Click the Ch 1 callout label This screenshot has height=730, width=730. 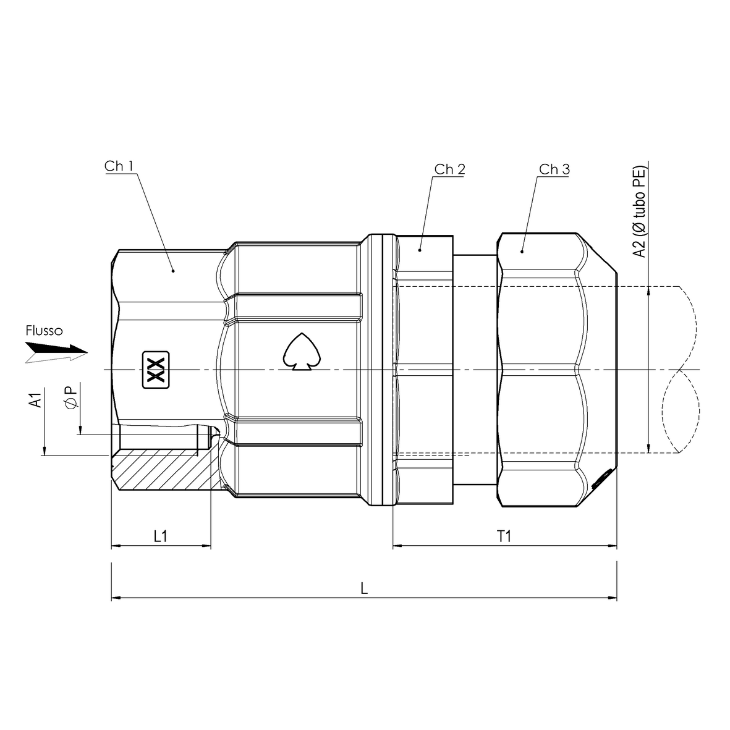click(119, 166)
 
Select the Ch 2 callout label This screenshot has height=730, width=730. click(449, 169)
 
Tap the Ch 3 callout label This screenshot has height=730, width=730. click(554, 169)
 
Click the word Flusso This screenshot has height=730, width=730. click(44, 331)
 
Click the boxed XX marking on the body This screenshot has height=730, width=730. click(155, 371)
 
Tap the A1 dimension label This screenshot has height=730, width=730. click(36, 399)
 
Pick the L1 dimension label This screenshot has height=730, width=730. click(160, 537)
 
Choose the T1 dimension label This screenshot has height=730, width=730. click(504, 537)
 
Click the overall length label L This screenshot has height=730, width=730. click(365, 588)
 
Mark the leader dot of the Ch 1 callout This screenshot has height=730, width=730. click(173, 271)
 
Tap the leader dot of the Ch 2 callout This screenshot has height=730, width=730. click(420, 250)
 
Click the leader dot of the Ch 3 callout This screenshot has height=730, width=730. click(522, 251)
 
